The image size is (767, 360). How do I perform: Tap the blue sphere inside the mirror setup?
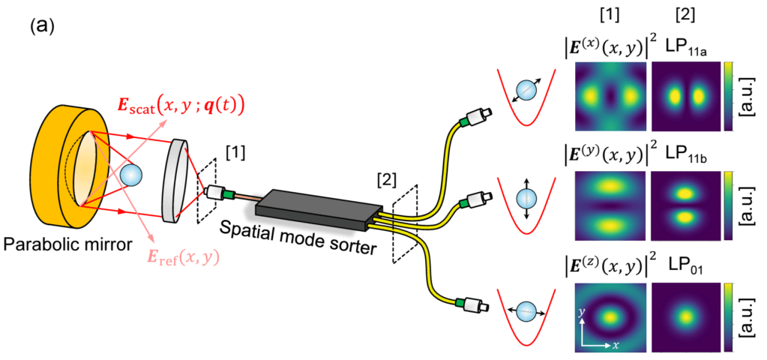tap(131, 174)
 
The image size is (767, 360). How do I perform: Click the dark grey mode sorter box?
tap(322, 207)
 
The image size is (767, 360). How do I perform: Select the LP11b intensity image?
tap(684, 205)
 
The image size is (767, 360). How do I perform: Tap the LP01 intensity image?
tap(684, 315)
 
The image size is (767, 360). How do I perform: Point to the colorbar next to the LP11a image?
tap(728, 97)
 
